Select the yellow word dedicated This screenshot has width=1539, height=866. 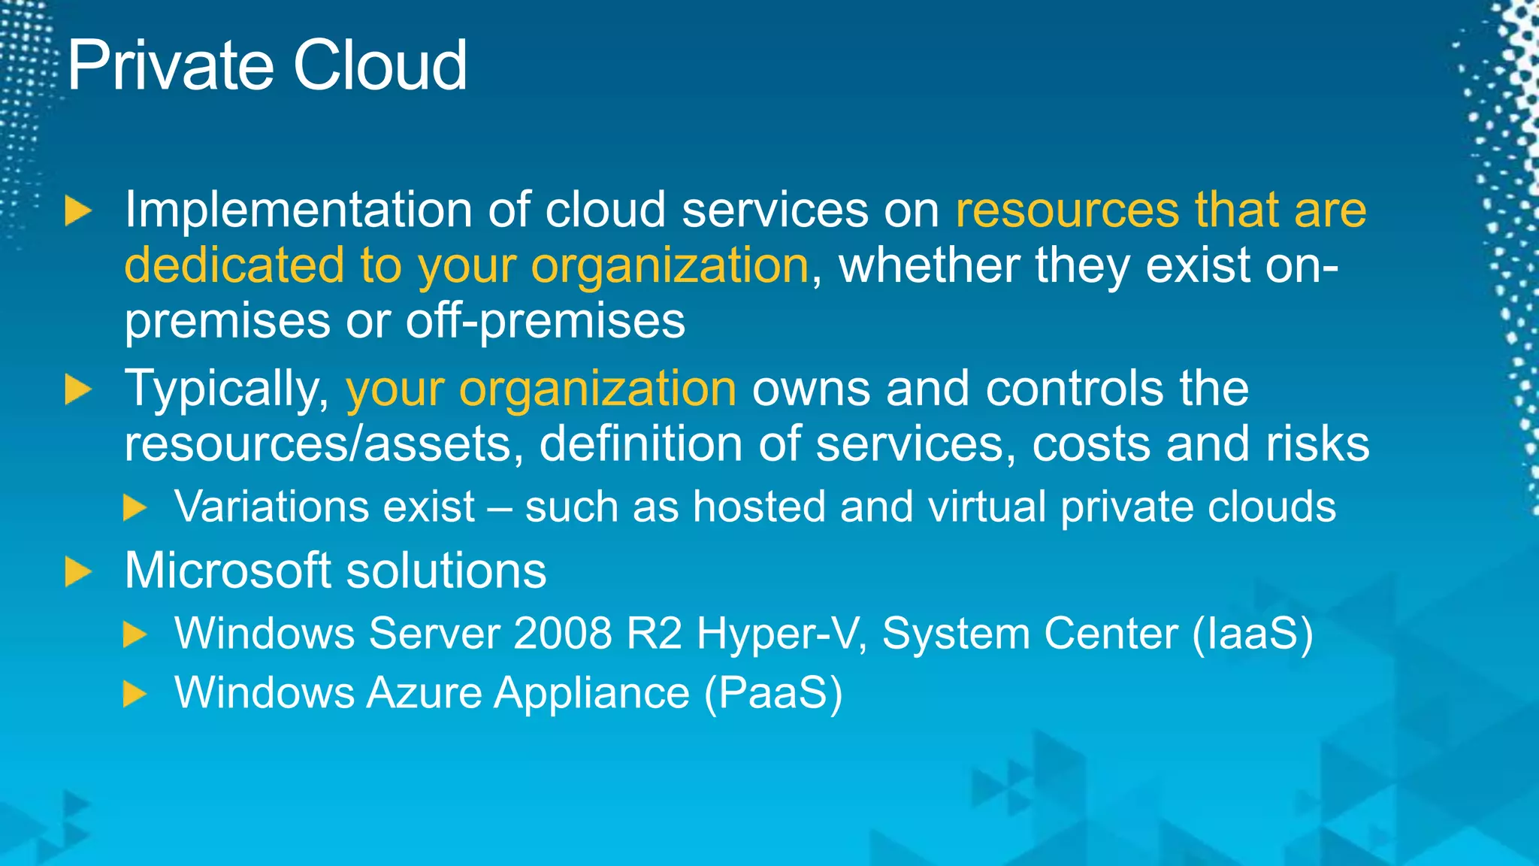point(234,265)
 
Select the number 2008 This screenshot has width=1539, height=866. point(563,634)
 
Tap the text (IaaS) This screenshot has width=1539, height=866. point(1253,634)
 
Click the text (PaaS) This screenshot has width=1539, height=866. point(773,692)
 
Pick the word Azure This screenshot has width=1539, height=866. point(424,692)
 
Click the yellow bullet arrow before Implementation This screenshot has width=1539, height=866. point(77,210)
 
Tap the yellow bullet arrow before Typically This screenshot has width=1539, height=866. point(77,390)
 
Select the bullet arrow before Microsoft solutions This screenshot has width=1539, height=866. point(77,571)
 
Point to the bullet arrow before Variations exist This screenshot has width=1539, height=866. point(135,507)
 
